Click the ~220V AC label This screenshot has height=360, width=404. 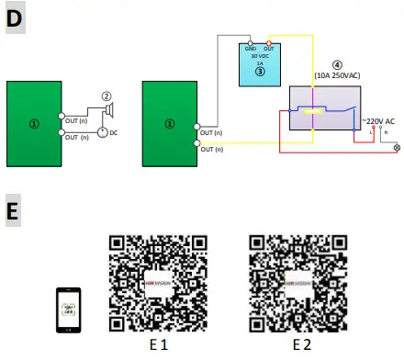point(378,121)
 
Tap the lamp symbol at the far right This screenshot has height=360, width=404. point(397,147)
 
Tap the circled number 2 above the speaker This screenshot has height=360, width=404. point(107,95)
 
